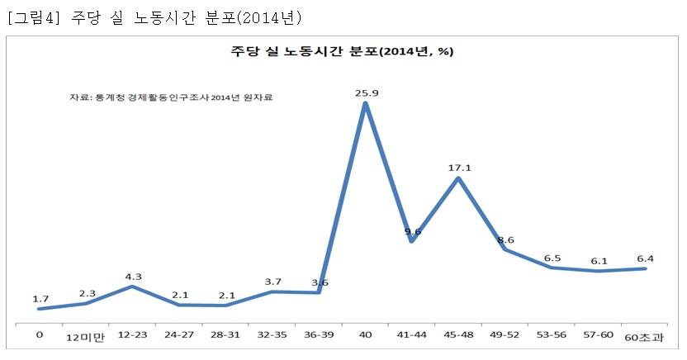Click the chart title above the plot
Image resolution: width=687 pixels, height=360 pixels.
(342, 51)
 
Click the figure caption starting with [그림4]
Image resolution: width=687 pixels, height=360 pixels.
(154, 17)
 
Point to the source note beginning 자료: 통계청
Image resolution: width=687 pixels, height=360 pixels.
(171, 97)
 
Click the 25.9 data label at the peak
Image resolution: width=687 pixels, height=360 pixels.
(366, 93)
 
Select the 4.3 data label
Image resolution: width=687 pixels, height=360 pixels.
(132, 277)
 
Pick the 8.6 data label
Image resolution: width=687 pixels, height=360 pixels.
(505, 240)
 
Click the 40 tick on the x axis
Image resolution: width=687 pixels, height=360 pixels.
(365, 335)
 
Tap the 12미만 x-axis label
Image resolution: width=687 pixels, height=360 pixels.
(86, 337)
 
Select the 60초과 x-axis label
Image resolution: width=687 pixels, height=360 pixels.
(645, 337)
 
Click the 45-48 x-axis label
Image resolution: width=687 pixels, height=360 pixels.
(458, 335)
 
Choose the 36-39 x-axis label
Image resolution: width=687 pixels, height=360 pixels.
(319, 335)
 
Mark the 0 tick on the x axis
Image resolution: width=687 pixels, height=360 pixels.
(39, 335)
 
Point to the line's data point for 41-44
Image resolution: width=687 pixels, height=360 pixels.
(412, 241)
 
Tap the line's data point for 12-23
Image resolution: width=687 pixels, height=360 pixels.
(132, 287)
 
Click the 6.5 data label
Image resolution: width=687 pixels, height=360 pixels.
(552, 258)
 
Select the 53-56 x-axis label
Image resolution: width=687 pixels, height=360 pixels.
(552, 335)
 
